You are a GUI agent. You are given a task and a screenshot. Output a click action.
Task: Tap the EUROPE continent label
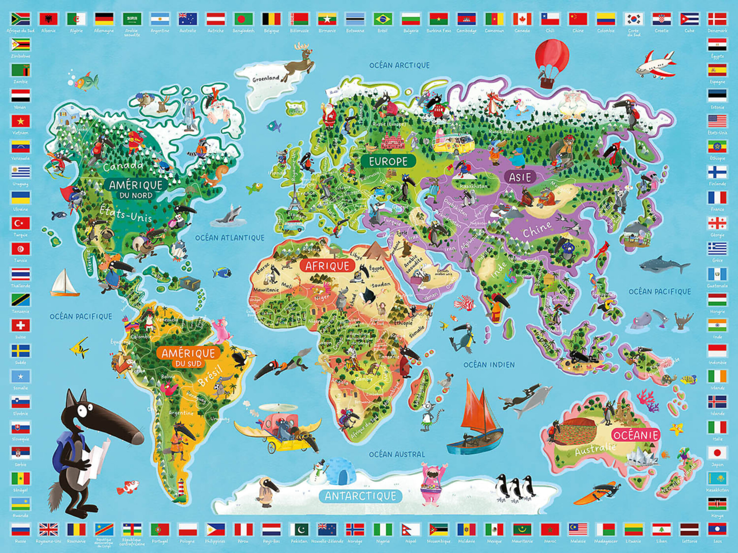(388, 161)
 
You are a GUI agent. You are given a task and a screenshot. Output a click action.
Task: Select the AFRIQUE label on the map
(327, 266)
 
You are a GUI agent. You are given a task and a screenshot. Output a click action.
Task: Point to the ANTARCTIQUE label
(360, 496)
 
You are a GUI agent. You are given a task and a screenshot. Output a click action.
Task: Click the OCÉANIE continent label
(636, 435)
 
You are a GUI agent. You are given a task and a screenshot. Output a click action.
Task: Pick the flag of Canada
(522, 19)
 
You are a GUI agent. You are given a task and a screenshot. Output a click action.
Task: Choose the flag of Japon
(717, 453)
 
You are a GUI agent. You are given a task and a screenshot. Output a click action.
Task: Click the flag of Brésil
(383, 19)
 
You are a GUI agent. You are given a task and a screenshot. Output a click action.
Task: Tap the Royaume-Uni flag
(48, 529)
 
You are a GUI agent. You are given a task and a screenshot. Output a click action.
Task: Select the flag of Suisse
(21, 325)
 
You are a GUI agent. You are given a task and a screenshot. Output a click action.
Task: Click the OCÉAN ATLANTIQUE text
(230, 238)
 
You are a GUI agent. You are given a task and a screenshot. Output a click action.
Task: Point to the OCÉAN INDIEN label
(489, 365)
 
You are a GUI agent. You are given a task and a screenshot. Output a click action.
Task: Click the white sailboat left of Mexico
(64, 283)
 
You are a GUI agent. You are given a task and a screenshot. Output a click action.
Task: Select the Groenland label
(266, 78)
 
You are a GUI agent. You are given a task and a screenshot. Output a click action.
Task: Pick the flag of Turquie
(21, 223)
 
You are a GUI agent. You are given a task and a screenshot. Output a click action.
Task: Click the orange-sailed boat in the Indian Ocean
(476, 415)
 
